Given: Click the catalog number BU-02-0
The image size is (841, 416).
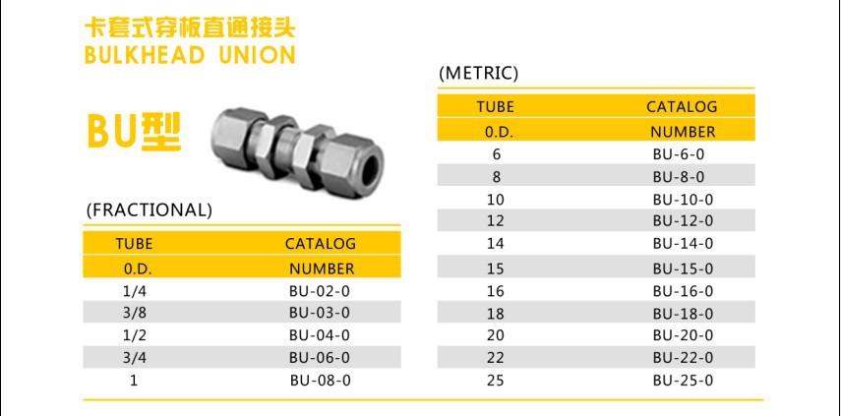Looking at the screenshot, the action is pos(320,291).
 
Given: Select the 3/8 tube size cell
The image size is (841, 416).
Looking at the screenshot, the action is pos(134,312).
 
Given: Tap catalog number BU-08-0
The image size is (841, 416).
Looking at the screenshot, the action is pos(321,380).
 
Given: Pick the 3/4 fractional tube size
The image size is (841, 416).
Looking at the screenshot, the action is pos(134,357).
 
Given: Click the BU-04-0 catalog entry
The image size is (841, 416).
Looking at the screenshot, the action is pos(320,335).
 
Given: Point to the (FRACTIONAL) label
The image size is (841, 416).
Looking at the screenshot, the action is pos(150,209).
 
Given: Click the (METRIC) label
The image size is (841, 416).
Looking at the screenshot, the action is pos(478,74).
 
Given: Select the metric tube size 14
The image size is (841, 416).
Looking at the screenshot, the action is pos(496,243).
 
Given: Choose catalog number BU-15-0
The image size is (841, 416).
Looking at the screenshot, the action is pos(684,268).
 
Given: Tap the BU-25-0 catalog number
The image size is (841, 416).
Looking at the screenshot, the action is pos(684,381).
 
